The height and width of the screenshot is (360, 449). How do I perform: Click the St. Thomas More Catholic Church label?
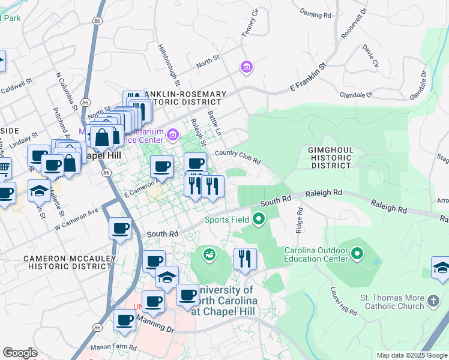click(x=391, y=302)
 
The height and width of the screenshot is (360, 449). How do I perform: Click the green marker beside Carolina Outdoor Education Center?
click(x=358, y=253)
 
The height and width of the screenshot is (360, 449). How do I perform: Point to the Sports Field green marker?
click(x=259, y=219)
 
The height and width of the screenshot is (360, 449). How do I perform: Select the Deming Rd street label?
click(x=315, y=13)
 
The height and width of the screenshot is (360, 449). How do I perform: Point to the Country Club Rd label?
click(x=238, y=157)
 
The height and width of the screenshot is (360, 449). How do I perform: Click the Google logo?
click(x=20, y=353)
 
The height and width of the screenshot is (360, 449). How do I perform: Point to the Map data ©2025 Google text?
click(x=411, y=355)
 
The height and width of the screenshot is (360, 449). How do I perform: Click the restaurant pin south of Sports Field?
click(x=245, y=259)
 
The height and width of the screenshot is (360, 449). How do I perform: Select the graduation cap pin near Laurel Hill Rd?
click(x=440, y=268)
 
